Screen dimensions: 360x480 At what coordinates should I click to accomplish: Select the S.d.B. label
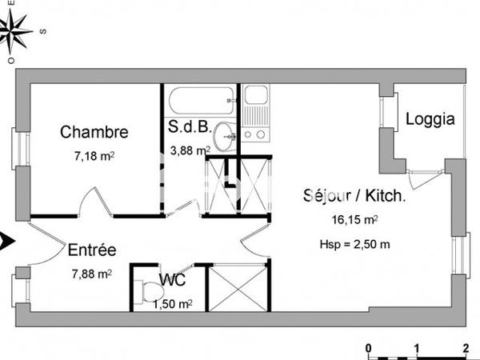[x=189, y=126]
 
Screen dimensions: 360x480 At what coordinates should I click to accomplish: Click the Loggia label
[x=430, y=120]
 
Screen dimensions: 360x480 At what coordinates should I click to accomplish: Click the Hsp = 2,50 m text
[x=355, y=244]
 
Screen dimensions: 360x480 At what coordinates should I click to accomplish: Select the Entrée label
[x=92, y=250]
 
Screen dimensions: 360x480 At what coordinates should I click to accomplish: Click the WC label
[x=172, y=281]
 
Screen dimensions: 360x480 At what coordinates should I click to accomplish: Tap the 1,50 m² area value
[x=172, y=303]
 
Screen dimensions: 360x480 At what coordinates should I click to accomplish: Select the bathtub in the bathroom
[x=201, y=102]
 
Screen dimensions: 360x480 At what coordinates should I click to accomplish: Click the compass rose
[x=17, y=32]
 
